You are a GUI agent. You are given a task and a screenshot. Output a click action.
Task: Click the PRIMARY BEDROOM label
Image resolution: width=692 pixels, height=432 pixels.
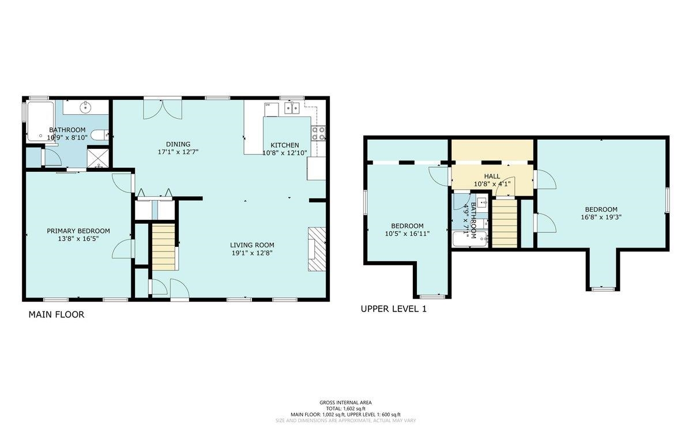[x=78, y=231]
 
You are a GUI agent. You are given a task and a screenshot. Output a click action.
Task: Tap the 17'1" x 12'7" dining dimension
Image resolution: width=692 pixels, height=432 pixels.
[x=178, y=152]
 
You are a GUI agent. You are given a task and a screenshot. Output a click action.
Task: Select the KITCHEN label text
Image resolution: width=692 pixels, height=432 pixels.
[x=285, y=145]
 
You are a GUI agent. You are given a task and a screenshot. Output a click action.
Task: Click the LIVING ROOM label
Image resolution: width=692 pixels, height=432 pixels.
[x=252, y=245]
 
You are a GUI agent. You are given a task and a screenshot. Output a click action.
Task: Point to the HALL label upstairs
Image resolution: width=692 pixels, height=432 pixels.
[x=492, y=176]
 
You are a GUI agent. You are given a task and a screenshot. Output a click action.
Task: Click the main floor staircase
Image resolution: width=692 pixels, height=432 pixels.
[x=164, y=247]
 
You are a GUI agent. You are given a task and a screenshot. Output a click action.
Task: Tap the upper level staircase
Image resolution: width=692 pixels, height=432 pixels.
[x=505, y=223]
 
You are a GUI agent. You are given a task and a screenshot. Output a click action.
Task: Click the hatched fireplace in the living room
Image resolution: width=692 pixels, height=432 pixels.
[x=317, y=249]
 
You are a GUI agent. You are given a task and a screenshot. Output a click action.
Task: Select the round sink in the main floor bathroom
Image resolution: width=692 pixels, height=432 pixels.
[x=85, y=107]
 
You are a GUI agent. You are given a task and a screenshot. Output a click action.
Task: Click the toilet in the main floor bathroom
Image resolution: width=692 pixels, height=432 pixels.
[x=99, y=136]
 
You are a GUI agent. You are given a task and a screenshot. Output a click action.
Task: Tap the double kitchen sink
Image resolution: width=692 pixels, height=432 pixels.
[x=292, y=108]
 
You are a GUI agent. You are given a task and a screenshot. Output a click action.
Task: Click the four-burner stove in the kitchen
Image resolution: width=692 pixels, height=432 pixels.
[x=318, y=133]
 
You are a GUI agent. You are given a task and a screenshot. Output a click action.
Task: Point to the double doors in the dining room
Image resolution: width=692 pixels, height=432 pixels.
[x=163, y=110]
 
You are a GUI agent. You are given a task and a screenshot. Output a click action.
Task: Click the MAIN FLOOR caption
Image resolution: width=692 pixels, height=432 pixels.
[x=57, y=314]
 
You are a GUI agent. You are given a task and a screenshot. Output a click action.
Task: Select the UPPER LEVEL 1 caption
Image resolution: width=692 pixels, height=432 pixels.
[x=393, y=309]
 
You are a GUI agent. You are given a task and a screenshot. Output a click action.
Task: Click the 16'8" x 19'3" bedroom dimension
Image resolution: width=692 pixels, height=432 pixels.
[x=601, y=217]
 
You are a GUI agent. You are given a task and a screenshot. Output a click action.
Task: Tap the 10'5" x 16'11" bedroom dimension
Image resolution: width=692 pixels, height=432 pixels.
[x=407, y=234]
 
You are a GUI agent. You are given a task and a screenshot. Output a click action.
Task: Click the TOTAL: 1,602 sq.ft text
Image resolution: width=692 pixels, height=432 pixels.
[x=345, y=408]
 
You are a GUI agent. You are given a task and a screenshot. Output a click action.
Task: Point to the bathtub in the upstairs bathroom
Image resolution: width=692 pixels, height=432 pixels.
[x=470, y=239]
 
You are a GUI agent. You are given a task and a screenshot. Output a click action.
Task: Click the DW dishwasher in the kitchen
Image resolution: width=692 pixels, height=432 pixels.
[x=272, y=110]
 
